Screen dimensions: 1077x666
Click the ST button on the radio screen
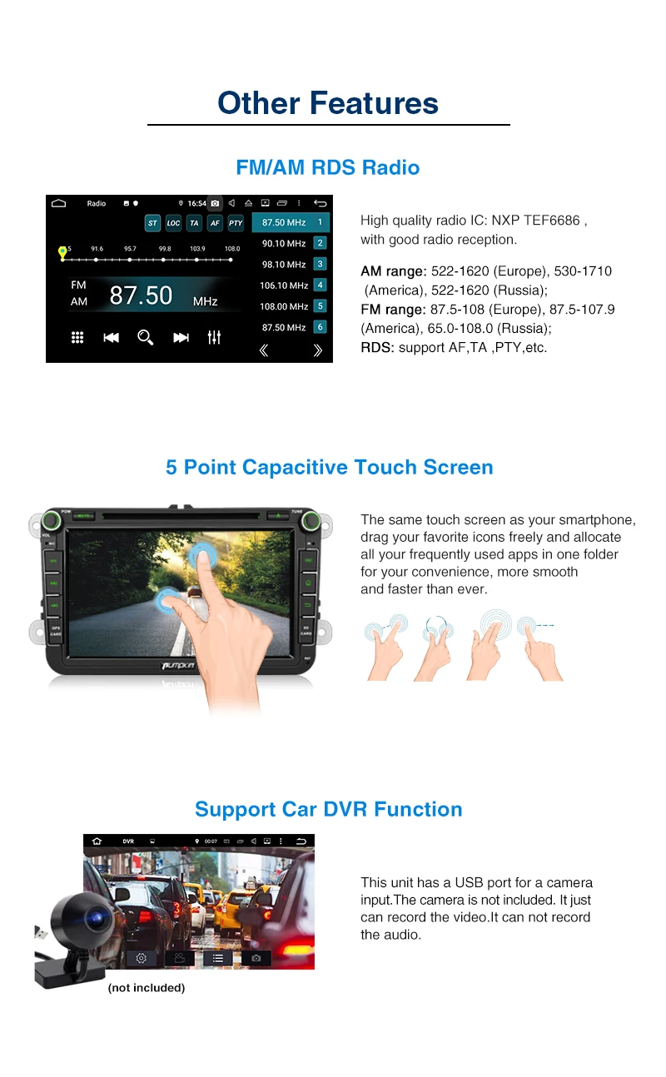[x=152, y=223]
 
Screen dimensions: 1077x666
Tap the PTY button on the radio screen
[x=236, y=223]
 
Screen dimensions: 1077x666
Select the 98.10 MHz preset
[x=284, y=265]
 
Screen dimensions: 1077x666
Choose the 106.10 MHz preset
[x=284, y=285]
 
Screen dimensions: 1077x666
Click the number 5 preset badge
[x=320, y=305]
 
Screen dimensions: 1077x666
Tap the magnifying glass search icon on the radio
[x=146, y=337]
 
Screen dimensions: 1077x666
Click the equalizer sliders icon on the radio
[x=215, y=337]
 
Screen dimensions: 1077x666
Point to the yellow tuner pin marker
[x=62, y=252]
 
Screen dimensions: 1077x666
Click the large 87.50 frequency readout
[x=141, y=295]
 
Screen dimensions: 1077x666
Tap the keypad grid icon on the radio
[x=77, y=337]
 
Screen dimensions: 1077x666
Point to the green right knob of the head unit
[x=312, y=521]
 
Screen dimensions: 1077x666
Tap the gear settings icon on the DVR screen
[x=142, y=958]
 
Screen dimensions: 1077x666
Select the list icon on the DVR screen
[x=217, y=958]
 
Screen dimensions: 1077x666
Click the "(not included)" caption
[x=147, y=988]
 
